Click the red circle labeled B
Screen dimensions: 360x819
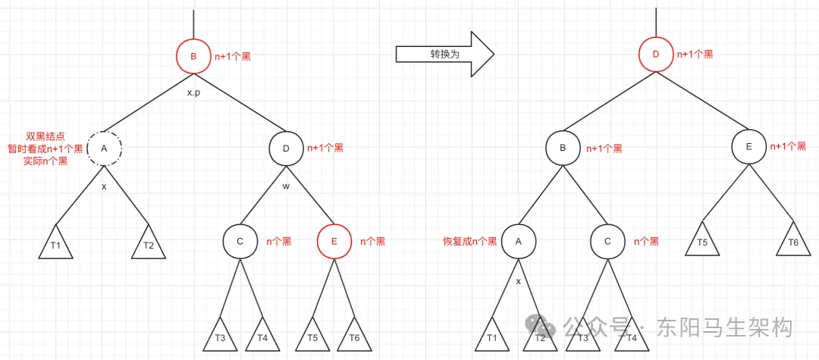coord(193,56)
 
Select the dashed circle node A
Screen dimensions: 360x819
coord(104,149)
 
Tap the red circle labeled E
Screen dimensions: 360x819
coord(334,241)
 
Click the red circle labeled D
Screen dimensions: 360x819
coord(655,55)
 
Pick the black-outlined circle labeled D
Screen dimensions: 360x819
coord(286,149)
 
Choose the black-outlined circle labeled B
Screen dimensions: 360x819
coord(563,149)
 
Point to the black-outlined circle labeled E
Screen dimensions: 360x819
coord(748,148)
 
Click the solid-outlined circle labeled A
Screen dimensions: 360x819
coord(519,241)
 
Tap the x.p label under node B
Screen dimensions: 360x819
coord(193,92)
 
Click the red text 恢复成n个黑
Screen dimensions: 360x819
coord(470,241)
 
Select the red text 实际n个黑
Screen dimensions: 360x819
coord(45,161)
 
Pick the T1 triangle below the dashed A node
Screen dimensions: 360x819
coord(56,245)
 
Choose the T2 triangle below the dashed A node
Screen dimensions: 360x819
coord(149,245)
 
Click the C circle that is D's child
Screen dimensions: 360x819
coord(240,241)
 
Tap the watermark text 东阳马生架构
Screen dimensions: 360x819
coord(725,327)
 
